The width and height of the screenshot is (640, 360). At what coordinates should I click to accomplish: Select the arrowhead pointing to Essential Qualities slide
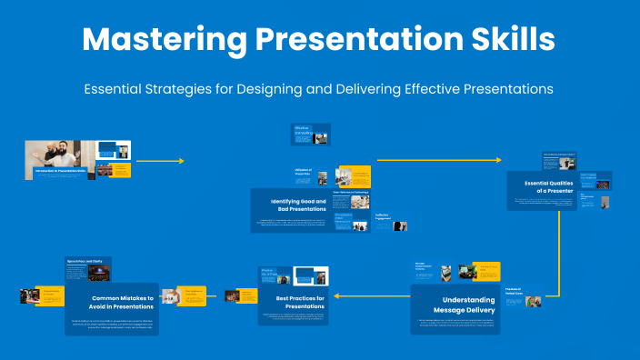(x=498, y=160)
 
